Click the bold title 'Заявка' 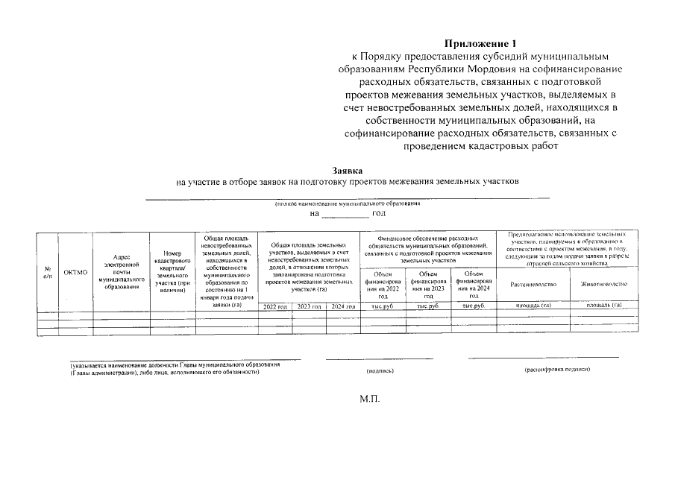click(347, 170)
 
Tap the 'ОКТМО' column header click(75, 273)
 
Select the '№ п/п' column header click(48, 272)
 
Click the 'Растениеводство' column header click(533, 285)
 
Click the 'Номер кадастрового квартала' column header click(172, 268)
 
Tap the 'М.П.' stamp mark click(370, 399)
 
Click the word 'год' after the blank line click(378, 214)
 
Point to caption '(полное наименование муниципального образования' click(348, 203)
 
